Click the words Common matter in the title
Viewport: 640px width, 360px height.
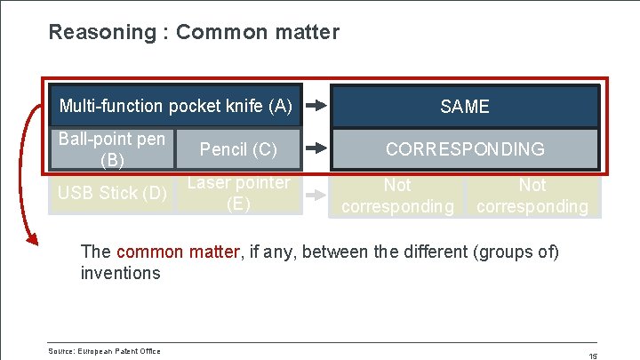(x=258, y=33)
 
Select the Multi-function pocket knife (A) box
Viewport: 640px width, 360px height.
(x=175, y=107)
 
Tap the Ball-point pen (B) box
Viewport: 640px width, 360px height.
(x=111, y=149)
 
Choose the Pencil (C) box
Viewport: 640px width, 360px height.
(x=238, y=149)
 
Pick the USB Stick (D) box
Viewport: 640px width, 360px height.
(x=111, y=193)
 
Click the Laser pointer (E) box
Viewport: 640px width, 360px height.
(x=238, y=193)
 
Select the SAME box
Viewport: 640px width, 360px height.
(x=465, y=107)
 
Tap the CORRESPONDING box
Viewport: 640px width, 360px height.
(x=465, y=149)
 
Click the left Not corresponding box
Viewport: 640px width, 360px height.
(x=397, y=196)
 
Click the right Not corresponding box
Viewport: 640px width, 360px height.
(x=532, y=196)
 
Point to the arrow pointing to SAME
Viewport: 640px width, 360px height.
(x=316, y=106)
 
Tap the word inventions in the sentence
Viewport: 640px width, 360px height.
(x=120, y=273)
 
